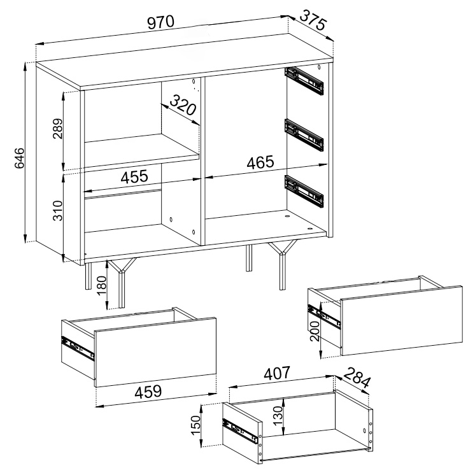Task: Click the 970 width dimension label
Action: coord(161,22)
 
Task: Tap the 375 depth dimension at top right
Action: coord(313,20)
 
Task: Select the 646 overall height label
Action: coord(19,158)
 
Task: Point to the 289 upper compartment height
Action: coord(57,129)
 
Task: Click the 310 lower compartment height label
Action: coord(57,210)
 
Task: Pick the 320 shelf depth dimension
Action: coord(183,105)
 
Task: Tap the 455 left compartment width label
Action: coord(134,176)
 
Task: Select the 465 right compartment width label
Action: coord(260,162)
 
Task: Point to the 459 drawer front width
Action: coord(148,392)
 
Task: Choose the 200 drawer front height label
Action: coord(315,331)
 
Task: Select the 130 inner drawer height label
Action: coord(278,416)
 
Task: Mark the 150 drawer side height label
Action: coord(196,425)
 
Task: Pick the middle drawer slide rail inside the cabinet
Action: coord(304,135)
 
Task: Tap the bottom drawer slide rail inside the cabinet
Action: coord(304,191)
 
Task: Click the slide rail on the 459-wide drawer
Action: coord(78,348)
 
